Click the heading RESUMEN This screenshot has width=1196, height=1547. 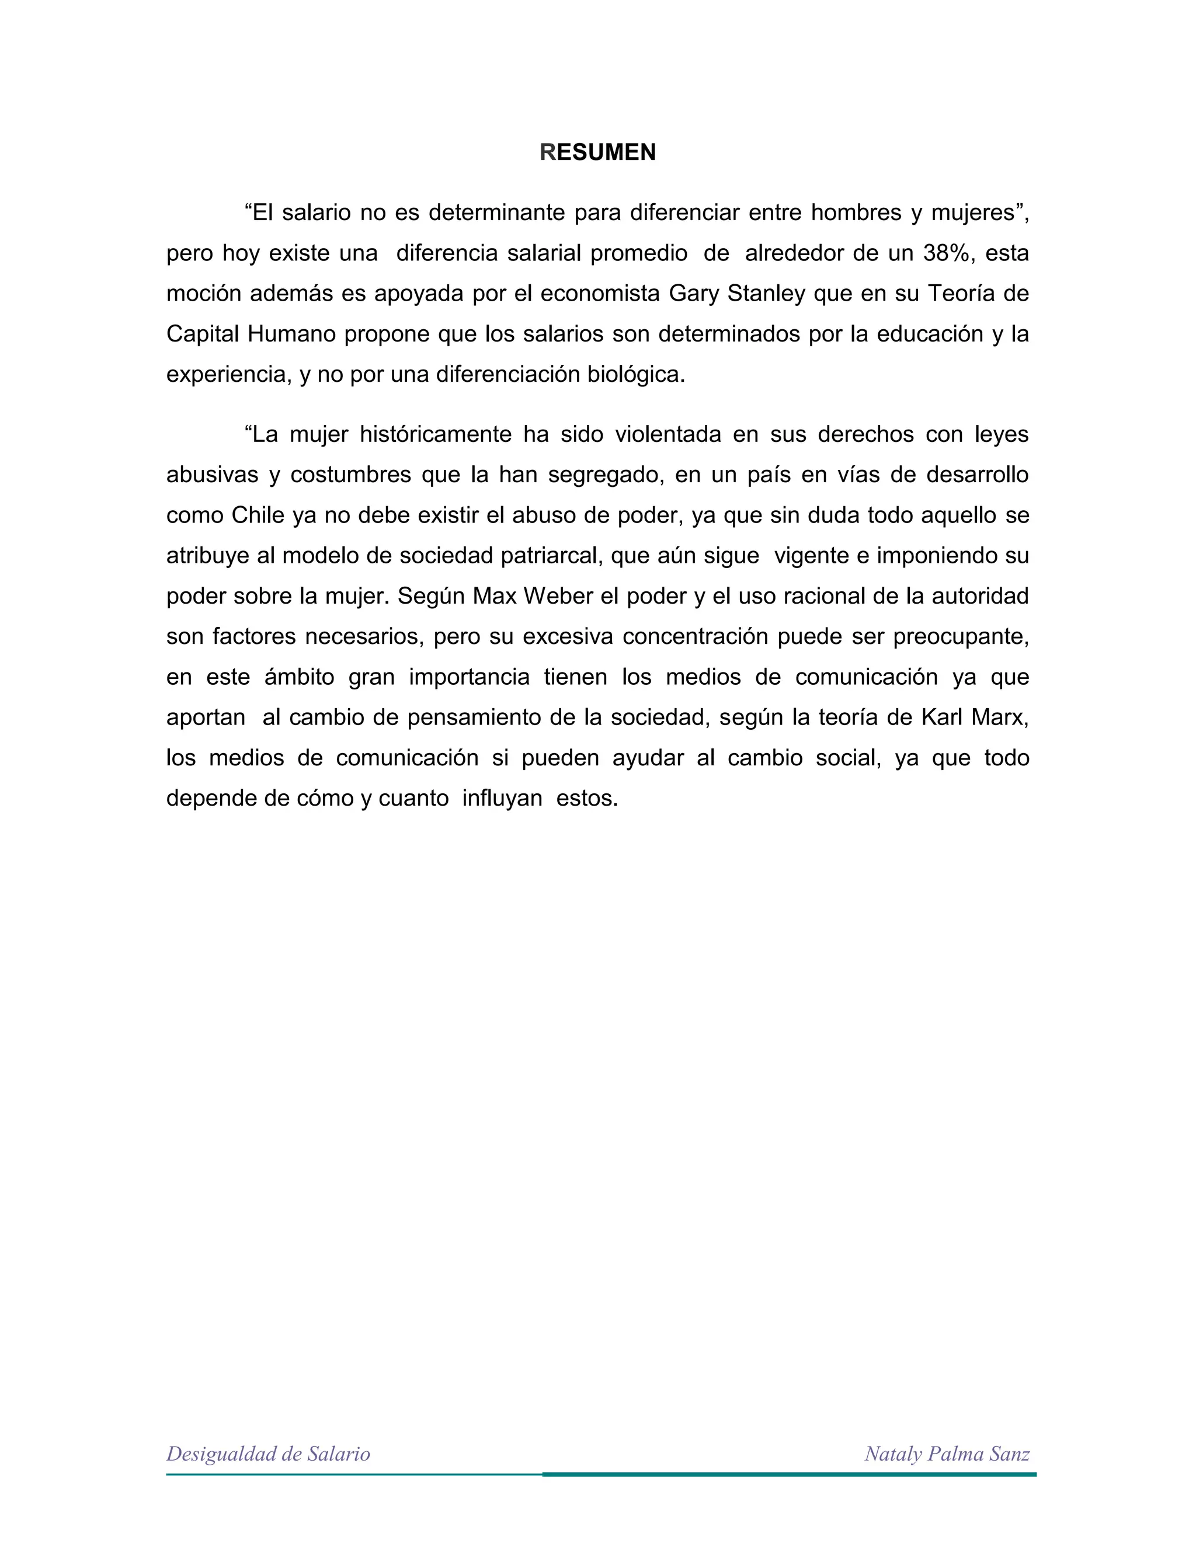pos(597,152)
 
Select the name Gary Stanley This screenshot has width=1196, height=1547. pos(737,293)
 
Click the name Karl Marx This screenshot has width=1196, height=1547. pos(974,717)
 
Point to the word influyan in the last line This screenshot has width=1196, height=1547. pos(502,798)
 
